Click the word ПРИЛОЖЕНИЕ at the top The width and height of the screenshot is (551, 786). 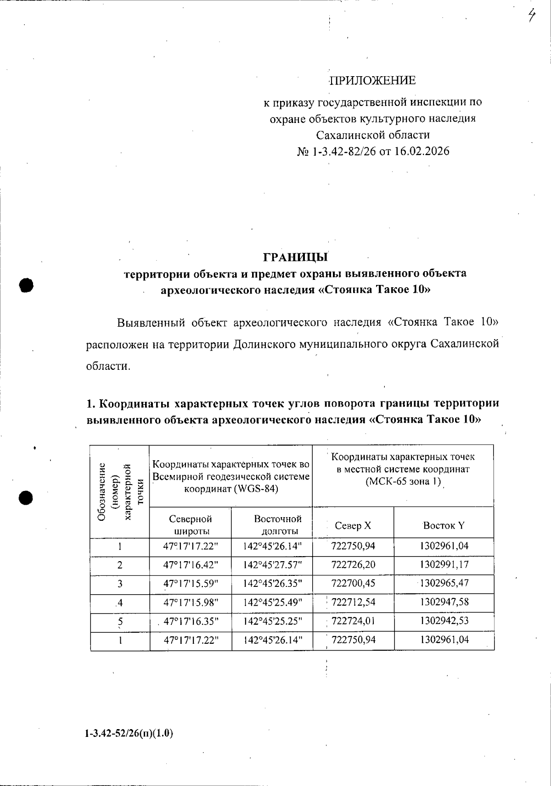373,81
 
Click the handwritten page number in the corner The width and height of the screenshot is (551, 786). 532,17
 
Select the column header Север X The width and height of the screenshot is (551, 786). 353,526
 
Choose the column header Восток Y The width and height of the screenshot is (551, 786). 444,526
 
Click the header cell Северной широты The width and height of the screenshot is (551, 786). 191,525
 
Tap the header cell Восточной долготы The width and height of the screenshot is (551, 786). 277,525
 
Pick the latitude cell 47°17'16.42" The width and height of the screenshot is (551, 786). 191,564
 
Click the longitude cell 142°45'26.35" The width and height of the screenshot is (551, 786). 272,584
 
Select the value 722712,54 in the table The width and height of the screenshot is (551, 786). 353,602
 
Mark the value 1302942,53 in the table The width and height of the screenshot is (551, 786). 444,621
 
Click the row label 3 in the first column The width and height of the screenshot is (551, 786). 120,584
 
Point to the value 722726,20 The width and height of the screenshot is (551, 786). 353,564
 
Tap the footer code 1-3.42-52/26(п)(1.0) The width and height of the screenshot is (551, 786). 129,733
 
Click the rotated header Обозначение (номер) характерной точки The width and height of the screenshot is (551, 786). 120,492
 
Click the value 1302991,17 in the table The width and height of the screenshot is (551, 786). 444,564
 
